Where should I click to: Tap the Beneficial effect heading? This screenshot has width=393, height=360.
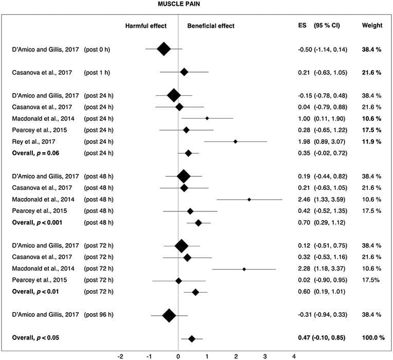click(x=211, y=26)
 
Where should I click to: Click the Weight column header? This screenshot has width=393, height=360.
click(x=372, y=26)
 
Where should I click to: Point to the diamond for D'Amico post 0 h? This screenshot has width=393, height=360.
click(x=164, y=49)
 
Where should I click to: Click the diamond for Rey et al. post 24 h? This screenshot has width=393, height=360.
click(x=235, y=141)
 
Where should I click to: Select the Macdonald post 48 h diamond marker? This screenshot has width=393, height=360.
click(x=249, y=199)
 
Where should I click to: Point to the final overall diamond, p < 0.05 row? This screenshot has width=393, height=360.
click(x=192, y=338)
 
